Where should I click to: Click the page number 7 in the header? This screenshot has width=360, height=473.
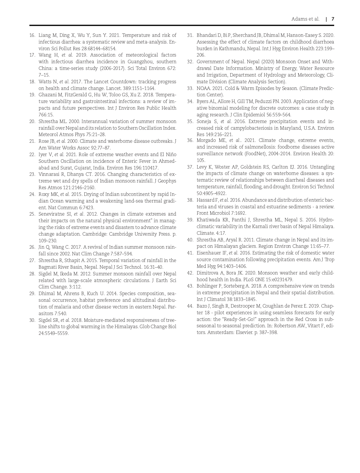tap(333, 19)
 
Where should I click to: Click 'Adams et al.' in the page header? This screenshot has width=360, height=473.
tap(305, 19)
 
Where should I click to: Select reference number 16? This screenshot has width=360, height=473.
tap(32, 35)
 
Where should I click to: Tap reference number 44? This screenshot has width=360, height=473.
tap(190, 306)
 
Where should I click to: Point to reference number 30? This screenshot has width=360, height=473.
tap(32, 320)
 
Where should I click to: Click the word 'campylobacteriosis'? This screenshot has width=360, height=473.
tap(242, 128)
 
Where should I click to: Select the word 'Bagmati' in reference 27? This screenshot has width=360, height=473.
tap(47, 267)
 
